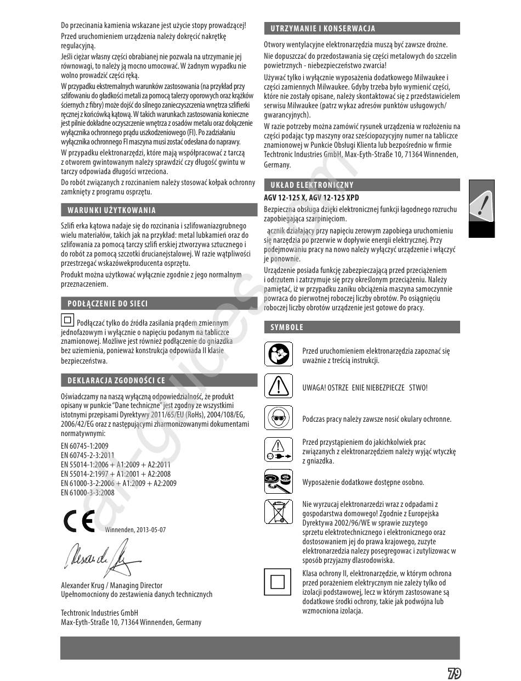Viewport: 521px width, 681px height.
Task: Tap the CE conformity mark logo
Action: (79, 521)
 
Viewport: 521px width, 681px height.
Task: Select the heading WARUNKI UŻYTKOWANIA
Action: (112, 210)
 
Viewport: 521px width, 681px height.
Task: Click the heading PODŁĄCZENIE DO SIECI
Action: (107, 303)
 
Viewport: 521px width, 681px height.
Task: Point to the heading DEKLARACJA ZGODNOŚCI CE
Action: (116, 379)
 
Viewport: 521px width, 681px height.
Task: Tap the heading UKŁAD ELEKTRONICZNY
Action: (312, 185)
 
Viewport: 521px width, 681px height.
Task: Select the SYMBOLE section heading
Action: (287, 327)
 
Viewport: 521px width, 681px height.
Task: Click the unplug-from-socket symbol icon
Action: (279, 450)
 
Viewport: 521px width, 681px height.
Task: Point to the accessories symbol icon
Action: (279, 482)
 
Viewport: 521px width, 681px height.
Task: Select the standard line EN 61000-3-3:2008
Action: (88, 493)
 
